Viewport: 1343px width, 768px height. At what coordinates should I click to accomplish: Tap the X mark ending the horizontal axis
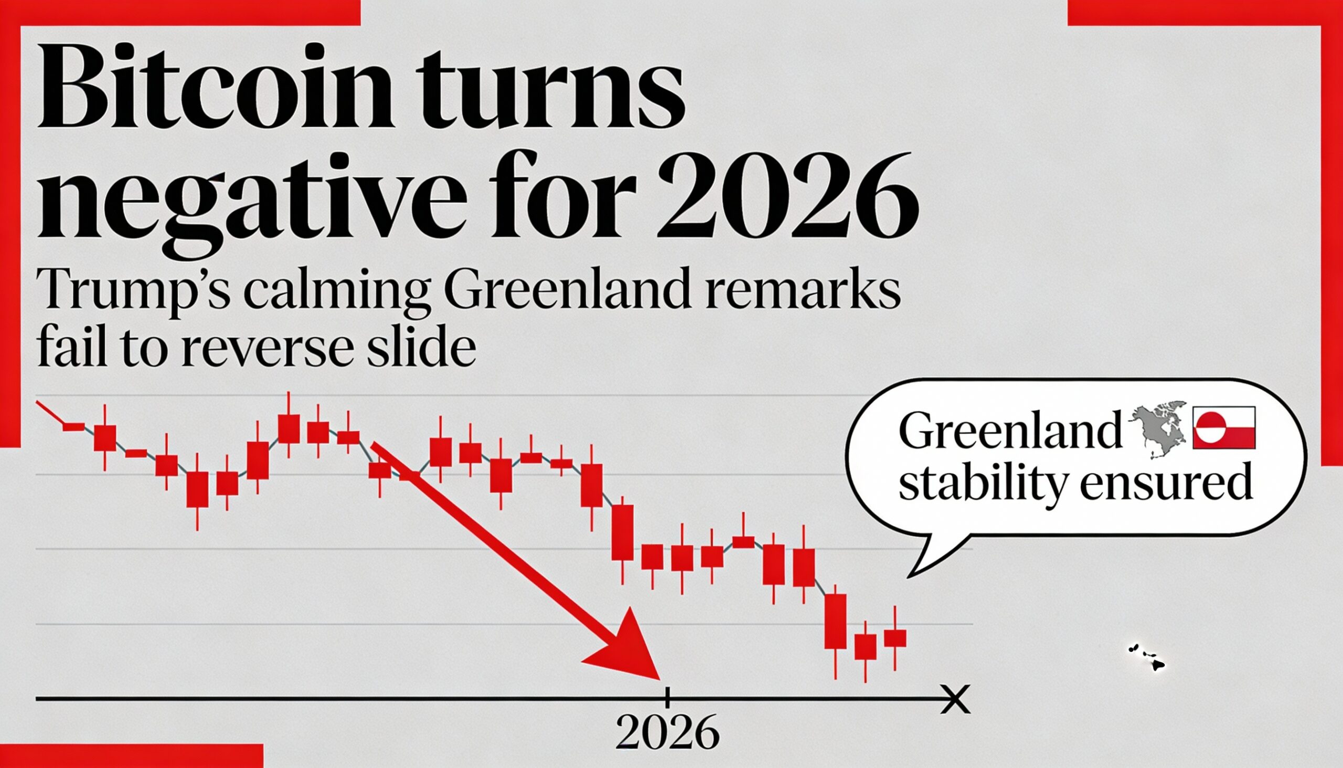(x=955, y=699)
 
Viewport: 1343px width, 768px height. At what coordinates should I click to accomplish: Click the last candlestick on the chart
(x=895, y=638)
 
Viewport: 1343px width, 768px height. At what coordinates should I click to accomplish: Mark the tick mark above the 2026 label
(x=667, y=697)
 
